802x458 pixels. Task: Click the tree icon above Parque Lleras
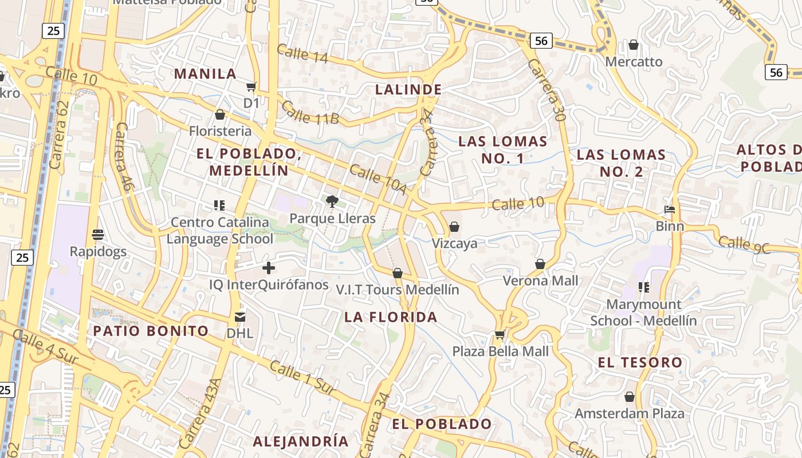(331, 201)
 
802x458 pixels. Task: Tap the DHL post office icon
(240, 317)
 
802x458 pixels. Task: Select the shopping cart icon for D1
(251, 86)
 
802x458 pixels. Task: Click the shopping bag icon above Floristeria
(220, 115)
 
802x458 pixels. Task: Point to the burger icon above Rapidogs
(98, 235)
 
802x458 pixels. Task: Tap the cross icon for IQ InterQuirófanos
(269, 267)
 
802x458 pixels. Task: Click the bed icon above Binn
(669, 210)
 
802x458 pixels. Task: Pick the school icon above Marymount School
(644, 287)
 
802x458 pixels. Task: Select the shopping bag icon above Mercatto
(634, 45)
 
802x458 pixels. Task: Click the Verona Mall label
(540, 281)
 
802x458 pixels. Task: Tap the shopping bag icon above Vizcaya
(454, 227)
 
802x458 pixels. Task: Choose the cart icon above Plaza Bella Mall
(500, 334)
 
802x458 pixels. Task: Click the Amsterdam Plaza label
(629, 413)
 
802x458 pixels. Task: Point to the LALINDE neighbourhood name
(408, 89)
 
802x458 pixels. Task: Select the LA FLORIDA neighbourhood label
(391, 317)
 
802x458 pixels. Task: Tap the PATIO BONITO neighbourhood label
(151, 330)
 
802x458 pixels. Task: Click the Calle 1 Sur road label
(302, 377)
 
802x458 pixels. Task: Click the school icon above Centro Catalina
(219, 205)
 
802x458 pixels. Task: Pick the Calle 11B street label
(310, 113)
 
